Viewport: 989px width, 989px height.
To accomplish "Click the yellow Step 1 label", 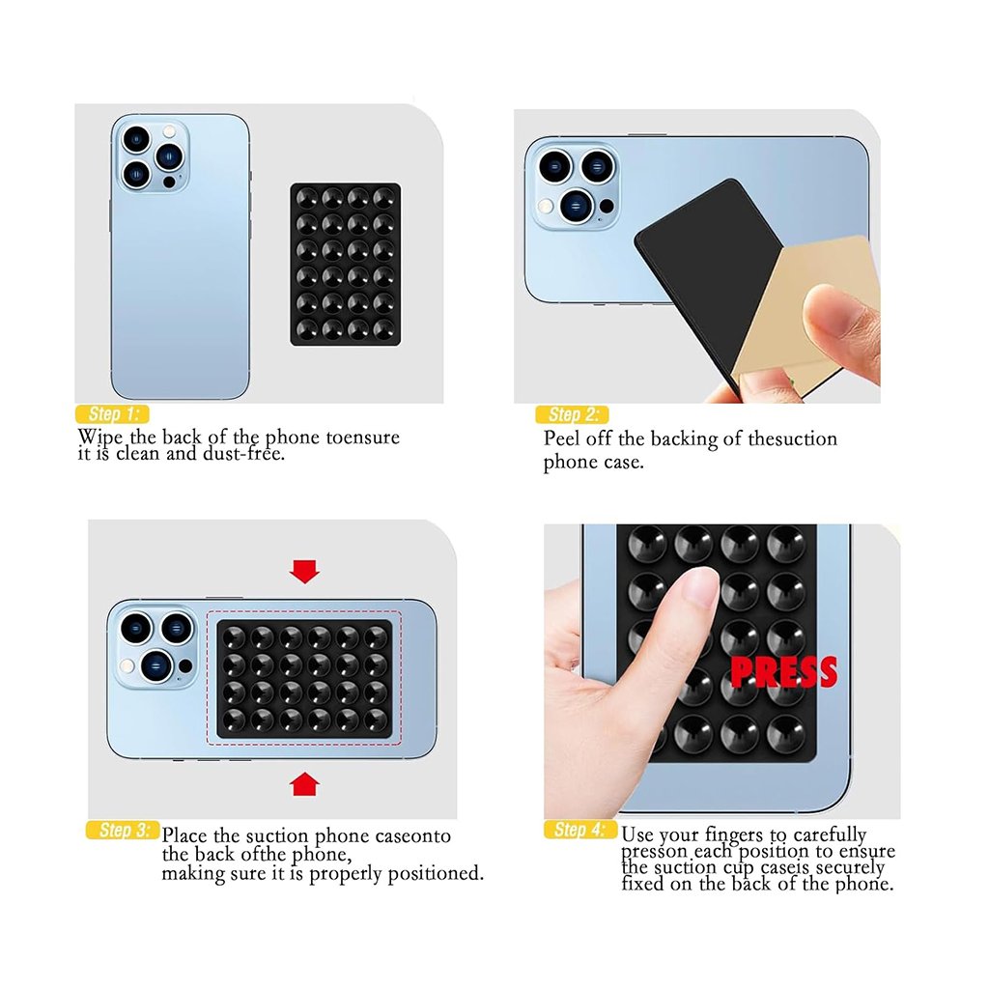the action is coord(112,414).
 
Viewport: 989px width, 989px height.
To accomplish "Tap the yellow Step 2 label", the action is coord(572,415).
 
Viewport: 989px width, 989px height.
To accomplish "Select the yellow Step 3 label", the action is coord(123,830).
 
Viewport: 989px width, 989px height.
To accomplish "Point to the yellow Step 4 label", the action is coord(580,830).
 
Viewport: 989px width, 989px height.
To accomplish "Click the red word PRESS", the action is coord(783,672).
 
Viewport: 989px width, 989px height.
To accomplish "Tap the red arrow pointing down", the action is coord(304,572).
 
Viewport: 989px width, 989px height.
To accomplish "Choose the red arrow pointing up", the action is coord(304,784).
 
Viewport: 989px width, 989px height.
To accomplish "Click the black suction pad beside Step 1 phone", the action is coord(346,265).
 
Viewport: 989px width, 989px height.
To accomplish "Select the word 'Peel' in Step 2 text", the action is coord(561,438).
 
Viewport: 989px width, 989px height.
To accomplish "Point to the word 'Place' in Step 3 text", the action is coord(184,835).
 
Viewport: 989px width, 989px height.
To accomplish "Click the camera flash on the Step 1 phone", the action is coord(169,131).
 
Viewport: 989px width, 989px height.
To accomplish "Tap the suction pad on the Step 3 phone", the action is coord(304,679).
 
